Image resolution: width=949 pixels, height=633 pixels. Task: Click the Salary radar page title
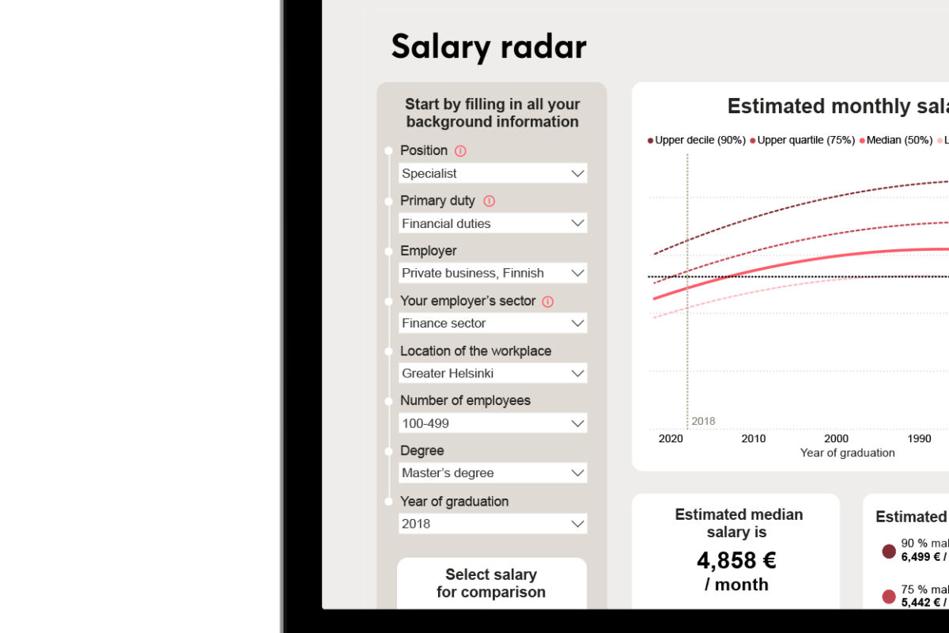click(x=489, y=47)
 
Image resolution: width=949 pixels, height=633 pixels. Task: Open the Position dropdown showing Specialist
click(x=493, y=173)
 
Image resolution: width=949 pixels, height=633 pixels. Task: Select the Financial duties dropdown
click(x=493, y=223)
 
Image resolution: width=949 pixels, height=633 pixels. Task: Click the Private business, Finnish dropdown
click(x=493, y=273)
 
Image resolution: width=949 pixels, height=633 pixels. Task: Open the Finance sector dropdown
click(x=493, y=323)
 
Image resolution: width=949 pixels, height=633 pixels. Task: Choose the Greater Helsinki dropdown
click(x=493, y=373)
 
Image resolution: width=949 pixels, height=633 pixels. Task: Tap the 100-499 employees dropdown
click(x=493, y=423)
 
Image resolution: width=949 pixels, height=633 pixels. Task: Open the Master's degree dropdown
click(x=493, y=473)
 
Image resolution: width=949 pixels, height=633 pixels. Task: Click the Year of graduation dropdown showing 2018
click(x=493, y=523)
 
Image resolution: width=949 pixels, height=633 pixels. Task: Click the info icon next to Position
click(x=460, y=150)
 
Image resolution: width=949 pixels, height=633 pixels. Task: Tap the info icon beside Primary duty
click(x=489, y=201)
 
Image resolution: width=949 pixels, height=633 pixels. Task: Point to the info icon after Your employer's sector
click(x=547, y=301)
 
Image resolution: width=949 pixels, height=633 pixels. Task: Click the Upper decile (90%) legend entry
click(x=697, y=140)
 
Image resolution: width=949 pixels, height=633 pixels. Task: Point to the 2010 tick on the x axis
click(x=754, y=438)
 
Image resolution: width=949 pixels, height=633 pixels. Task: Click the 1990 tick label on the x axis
click(x=919, y=438)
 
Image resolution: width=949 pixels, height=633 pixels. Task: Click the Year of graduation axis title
click(x=847, y=453)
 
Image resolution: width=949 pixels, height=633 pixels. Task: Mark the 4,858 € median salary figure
click(x=736, y=560)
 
